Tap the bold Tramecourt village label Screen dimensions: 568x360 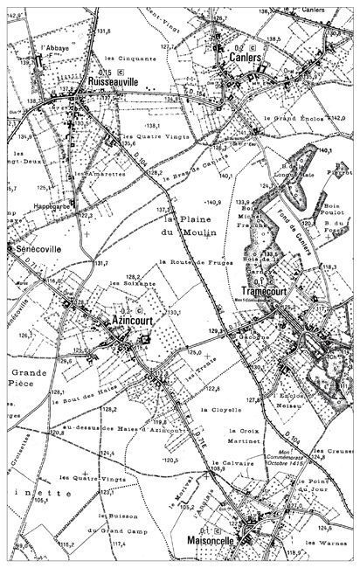pos(267,292)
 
